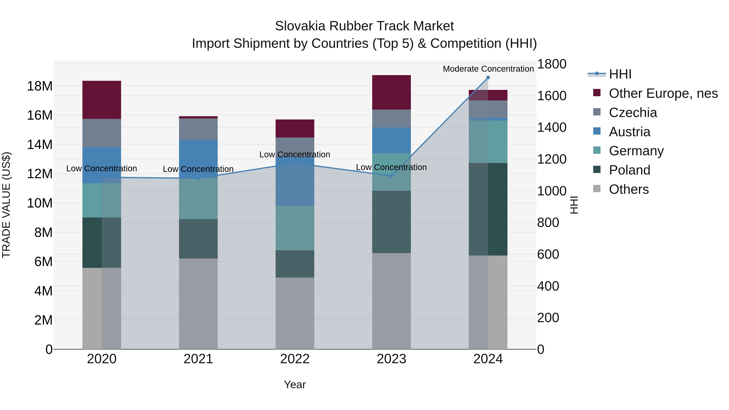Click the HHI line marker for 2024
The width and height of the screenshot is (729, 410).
point(488,78)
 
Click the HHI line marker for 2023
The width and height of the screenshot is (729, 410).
point(391,176)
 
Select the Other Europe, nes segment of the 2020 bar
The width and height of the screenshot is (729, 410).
point(102,100)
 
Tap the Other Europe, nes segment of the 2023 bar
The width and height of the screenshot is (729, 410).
point(391,92)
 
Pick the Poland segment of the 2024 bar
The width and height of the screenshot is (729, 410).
point(488,209)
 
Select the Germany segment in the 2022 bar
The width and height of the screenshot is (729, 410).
point(295,228)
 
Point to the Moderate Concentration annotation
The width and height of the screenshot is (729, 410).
point(488,69)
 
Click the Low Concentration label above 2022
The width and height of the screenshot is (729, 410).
point(295,154)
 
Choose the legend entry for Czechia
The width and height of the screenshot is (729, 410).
point(633,113)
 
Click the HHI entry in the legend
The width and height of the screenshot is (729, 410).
point(620,74)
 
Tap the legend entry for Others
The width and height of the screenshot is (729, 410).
point(629,189)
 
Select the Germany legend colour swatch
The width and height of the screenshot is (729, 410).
point(597,150)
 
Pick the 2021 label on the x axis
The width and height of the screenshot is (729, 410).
point(198,359)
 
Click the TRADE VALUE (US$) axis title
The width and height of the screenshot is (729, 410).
point(6,205)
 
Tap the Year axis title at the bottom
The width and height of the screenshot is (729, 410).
point(295,384)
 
